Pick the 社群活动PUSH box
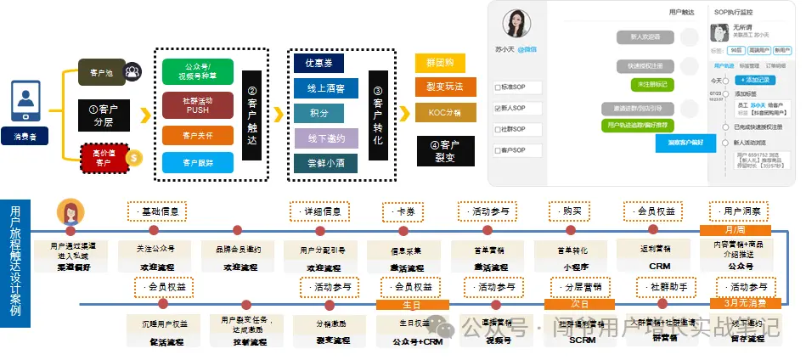point(198,104)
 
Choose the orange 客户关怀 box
point(198,134)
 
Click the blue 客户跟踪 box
point(198,162)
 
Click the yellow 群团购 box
point(440,63)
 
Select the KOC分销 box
point(440,111)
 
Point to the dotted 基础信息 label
point(157,211)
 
